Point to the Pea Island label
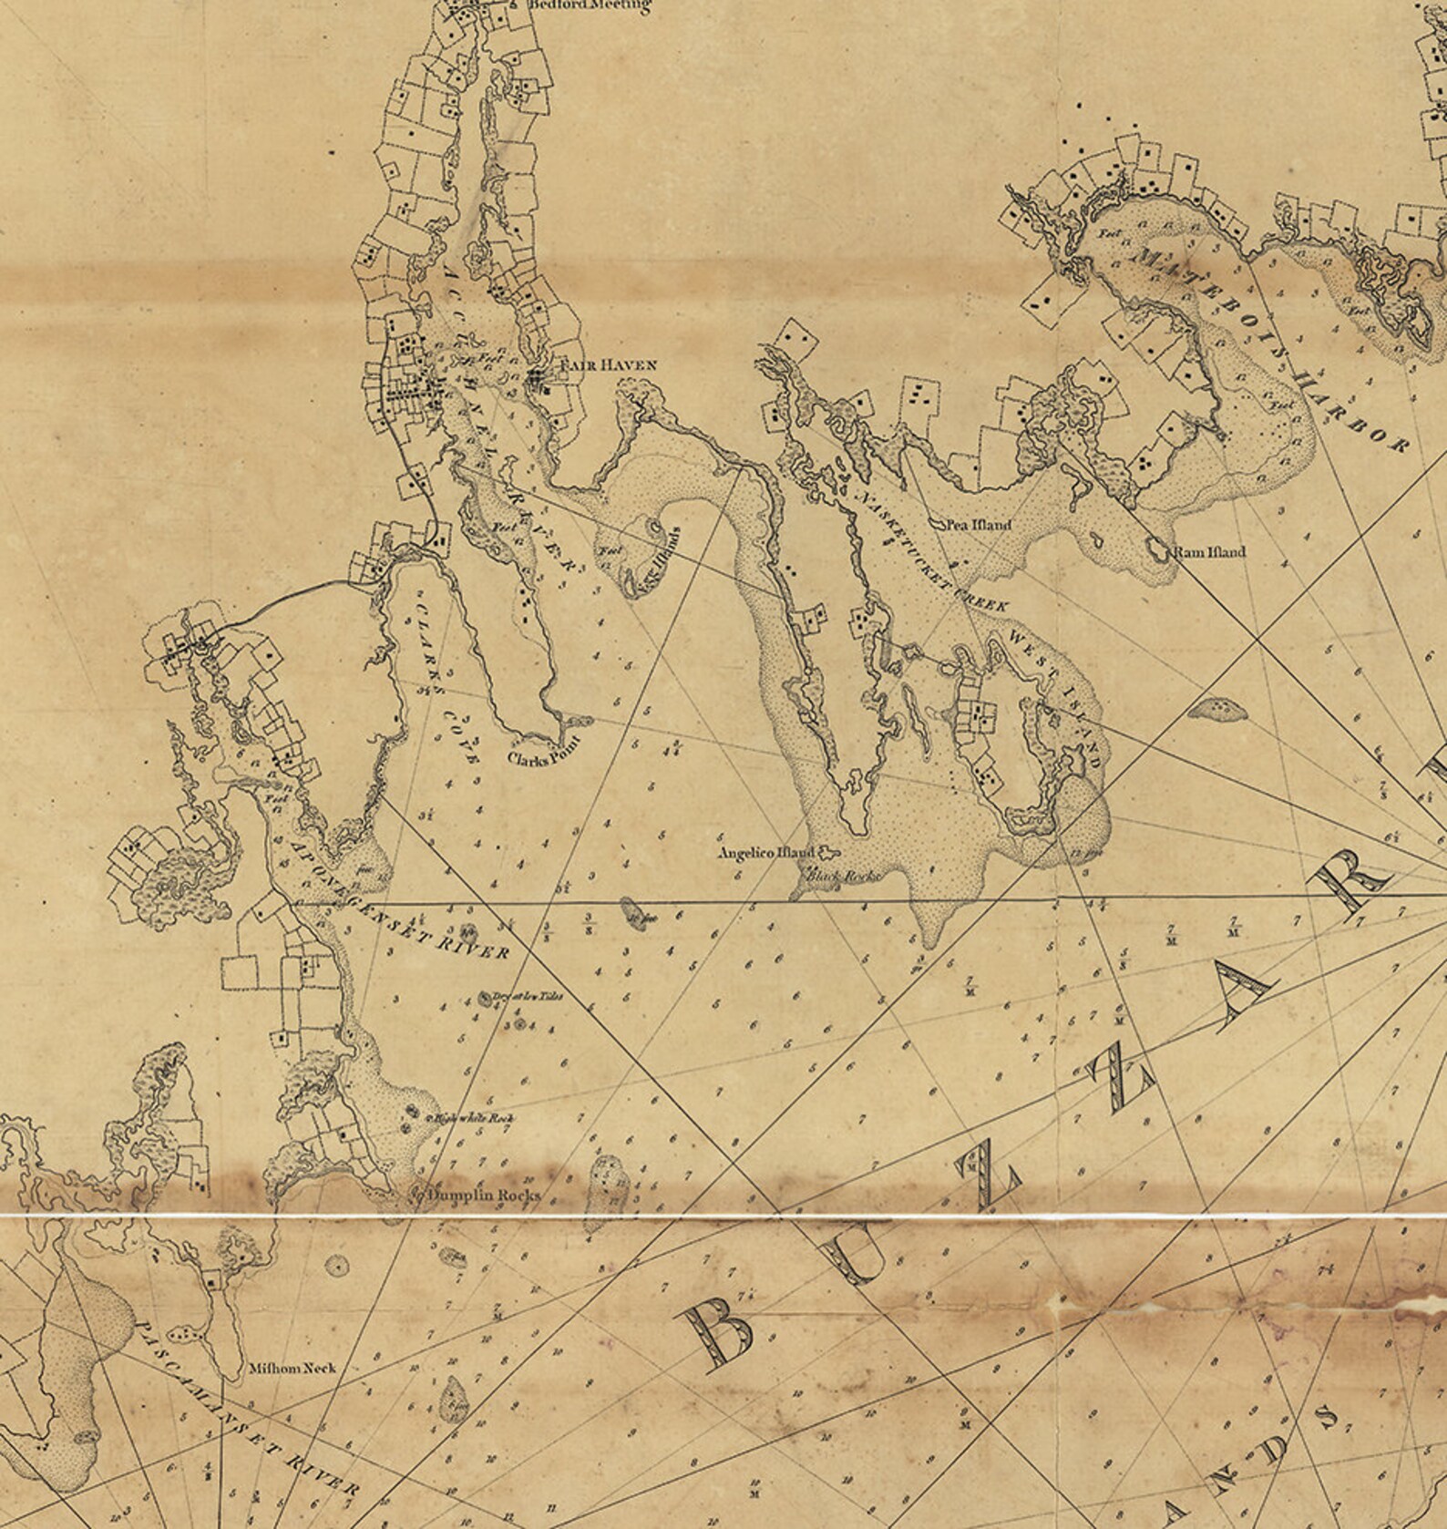tap(980, 526)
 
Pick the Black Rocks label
tap(841, 876)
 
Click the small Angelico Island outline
tap(827, 852)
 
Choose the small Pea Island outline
tap(938, 525)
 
